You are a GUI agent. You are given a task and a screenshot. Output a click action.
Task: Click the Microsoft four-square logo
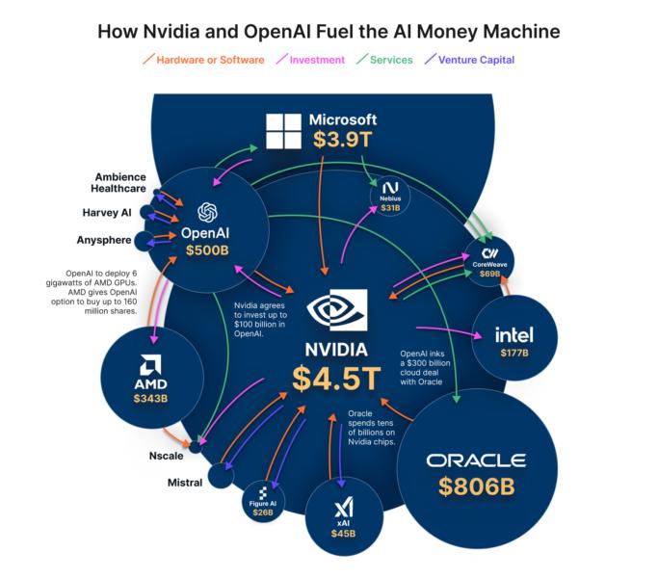[283, 131]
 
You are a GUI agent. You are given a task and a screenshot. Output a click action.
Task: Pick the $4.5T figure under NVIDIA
[336, 379]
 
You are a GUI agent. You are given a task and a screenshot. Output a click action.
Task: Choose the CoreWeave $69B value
[490, 274]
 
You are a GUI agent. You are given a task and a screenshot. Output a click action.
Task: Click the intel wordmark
[513, 335]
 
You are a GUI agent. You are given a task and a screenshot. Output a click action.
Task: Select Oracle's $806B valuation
[476, 487]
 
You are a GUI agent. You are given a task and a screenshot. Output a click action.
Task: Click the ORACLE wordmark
[476, 460]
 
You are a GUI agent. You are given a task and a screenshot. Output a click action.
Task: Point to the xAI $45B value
[344, 533]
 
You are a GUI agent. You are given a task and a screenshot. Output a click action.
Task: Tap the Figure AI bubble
[262, 498]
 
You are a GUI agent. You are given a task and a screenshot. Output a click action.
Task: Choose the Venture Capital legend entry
[470, 60]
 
